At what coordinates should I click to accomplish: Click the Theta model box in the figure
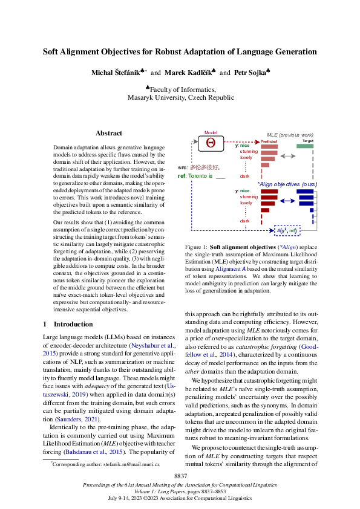211,143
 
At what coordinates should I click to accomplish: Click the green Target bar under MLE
305,146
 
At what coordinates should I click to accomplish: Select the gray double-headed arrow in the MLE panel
289,156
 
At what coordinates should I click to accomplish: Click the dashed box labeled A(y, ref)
286,230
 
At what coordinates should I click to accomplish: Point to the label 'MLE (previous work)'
290,134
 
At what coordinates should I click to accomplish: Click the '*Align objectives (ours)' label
287,183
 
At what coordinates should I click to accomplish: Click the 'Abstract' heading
109,133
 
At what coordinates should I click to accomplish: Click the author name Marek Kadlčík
187,73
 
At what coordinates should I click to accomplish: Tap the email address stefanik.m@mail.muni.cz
130,463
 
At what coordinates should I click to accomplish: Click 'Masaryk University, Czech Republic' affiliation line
180,97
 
